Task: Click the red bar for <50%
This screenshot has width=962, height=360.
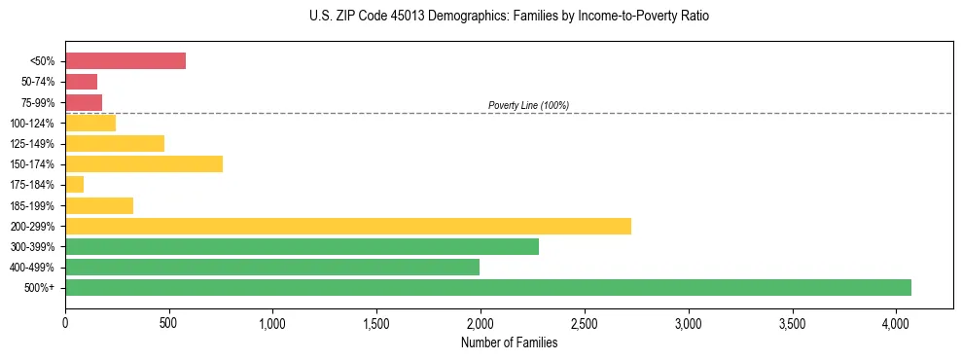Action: [x=125, y=61]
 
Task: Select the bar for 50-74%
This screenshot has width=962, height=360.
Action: [x=81, y=82]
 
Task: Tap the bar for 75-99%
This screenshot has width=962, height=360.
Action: [x=84, y=102]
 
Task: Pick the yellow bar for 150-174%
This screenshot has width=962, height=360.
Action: [x=144, y=163]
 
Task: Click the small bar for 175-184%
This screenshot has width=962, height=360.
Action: [x=74, y=184]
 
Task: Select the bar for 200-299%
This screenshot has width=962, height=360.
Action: [x=348, y=226]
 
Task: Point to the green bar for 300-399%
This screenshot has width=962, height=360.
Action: [x=302, y=246]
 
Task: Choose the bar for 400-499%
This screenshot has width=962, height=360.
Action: [x=272, y=267]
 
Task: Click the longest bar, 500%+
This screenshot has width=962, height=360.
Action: [x=488, y=287]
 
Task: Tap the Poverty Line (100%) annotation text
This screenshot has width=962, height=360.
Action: [x=528, y=105]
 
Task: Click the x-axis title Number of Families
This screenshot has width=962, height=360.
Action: [x=509, y=342]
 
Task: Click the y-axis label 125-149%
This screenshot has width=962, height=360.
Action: [x=32, y=144]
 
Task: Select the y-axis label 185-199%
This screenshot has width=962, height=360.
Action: [x=32, y=205]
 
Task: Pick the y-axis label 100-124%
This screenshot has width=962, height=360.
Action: [x=32, y=124]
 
